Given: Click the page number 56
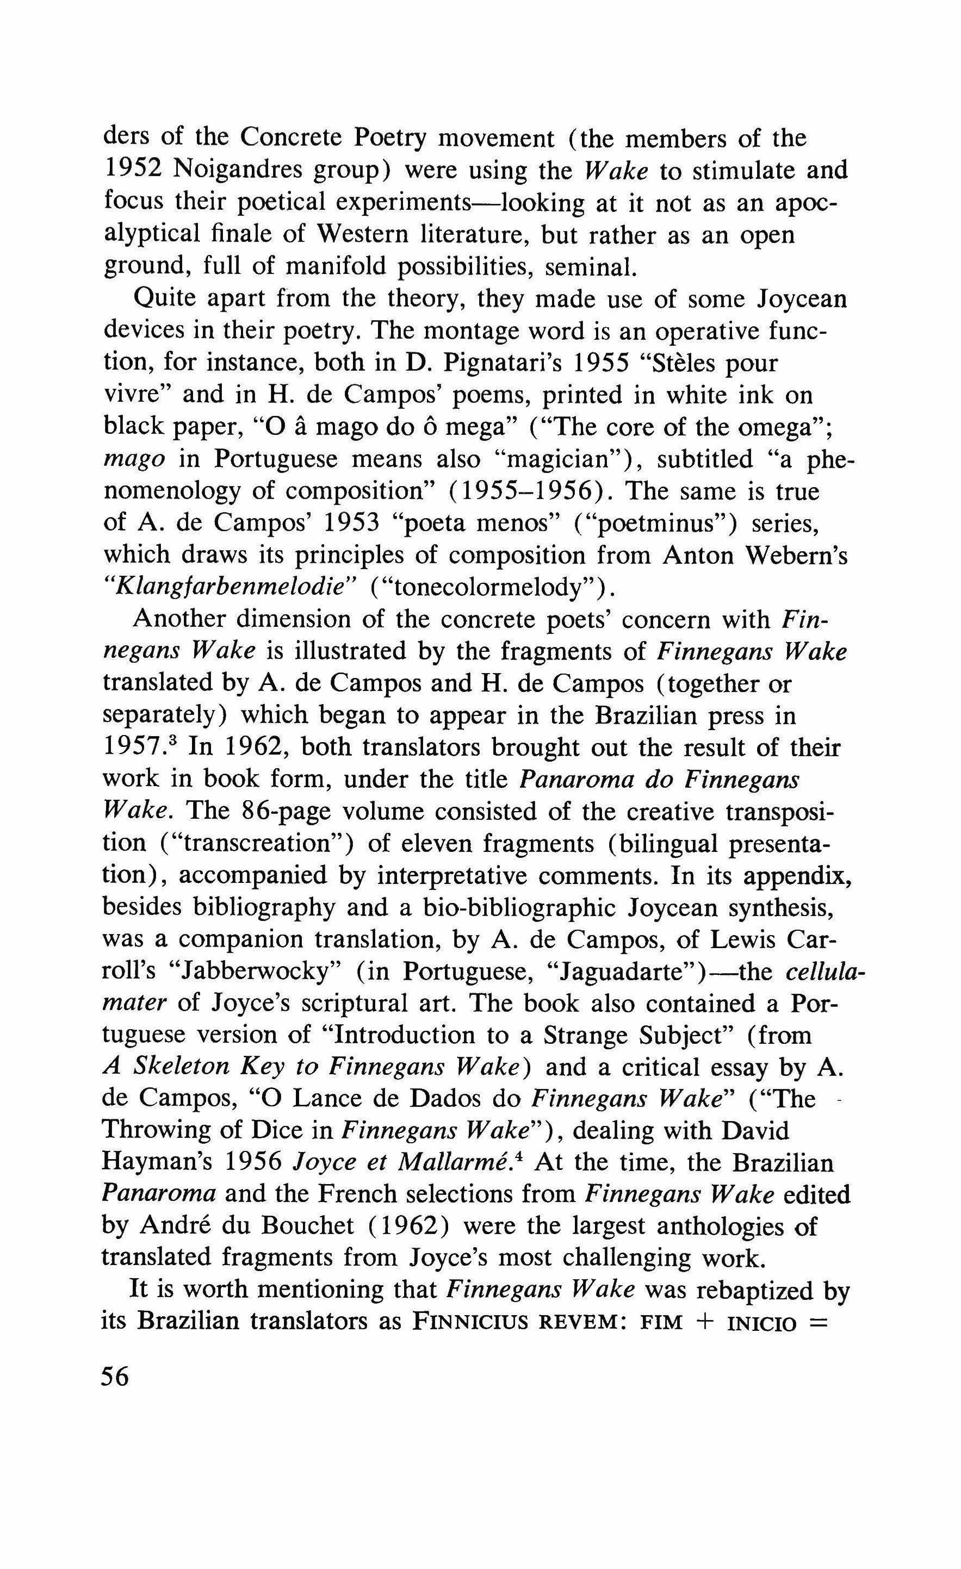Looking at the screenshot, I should pyautogui.click(x=115, y=1377).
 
